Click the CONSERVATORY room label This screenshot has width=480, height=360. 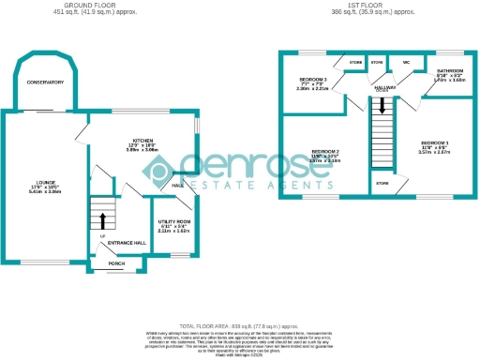pyautogui.click(x=45, y=83)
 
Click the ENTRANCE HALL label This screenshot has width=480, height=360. pyautogui.click(x=127, y=243)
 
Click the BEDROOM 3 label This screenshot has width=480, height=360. pyautogui.click(x=313, y=79)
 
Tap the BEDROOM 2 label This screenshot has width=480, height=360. pyautogui.click(x=325, y=151)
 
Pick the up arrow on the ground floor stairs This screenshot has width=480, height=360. pyautogui.click(x=102, y=221)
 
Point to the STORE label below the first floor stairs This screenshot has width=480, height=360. pyautogui.click(x=382, y=184)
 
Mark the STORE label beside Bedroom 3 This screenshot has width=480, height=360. pyautogui.click(x=355, y=63)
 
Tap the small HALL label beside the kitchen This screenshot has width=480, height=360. pyautogui.click(x=176, y=186)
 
